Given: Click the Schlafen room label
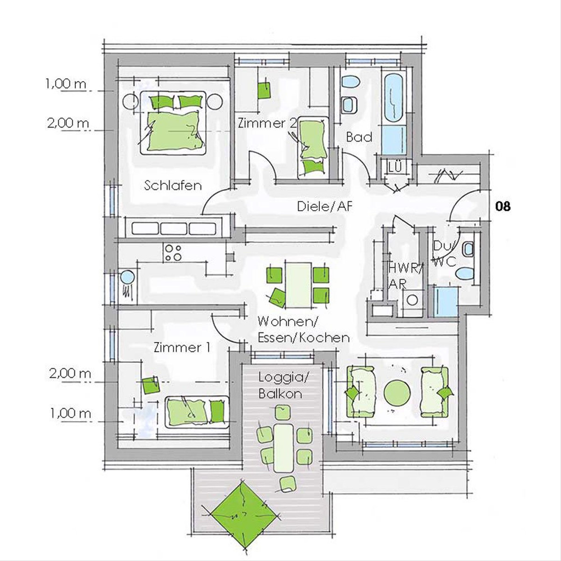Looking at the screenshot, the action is tap(173, 186).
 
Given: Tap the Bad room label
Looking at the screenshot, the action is tap(359, 137).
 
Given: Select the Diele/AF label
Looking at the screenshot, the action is tap(324, 207).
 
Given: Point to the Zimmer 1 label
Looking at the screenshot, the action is tap(182, 348).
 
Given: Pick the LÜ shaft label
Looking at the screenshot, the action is tap(395, 167).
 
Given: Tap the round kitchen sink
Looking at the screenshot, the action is tap(127, 277).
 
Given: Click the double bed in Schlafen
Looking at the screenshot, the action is tap(173, 123).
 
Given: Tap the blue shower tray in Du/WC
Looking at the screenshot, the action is tap(446, 302).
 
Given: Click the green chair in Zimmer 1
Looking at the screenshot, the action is tap(151, 385).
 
